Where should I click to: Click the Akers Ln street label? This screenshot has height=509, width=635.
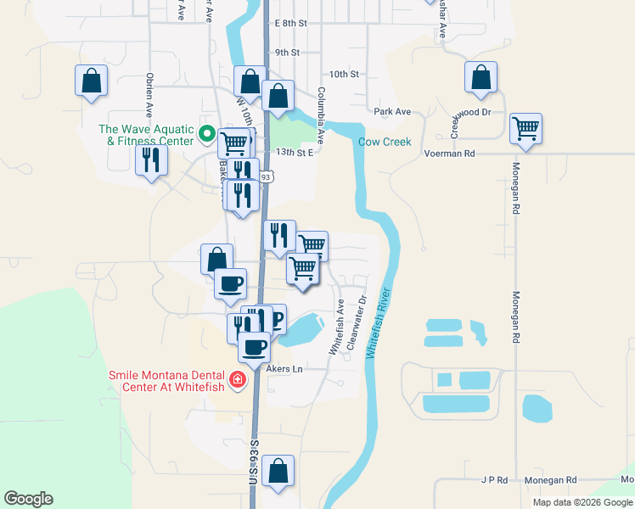(x=284, y=369)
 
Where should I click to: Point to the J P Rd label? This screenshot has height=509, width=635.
(x=492, y=480)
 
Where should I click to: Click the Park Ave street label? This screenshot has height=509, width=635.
(x=392, y=111)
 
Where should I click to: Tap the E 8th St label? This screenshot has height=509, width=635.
(x=290, y=24)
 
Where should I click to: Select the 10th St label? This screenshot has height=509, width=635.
(x=344, y=75)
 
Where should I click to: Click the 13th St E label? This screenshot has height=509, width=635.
(x=295, y=153)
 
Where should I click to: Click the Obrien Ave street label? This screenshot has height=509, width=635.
(x=149, y=94)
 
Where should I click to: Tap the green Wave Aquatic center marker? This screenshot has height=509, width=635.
(x=205, y=134)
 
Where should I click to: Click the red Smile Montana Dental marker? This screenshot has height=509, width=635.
(x=239, y=379)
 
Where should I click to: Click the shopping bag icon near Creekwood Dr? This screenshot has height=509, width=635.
(x=480, y=78)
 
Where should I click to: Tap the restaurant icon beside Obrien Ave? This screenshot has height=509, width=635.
(x=151, y=159)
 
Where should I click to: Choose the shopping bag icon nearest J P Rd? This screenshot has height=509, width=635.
(x=278, y=471)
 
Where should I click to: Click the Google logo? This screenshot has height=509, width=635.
(x=28, y=499)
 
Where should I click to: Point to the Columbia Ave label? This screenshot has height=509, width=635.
(x=321, y=114)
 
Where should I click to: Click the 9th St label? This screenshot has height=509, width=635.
(x=287, y=52)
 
